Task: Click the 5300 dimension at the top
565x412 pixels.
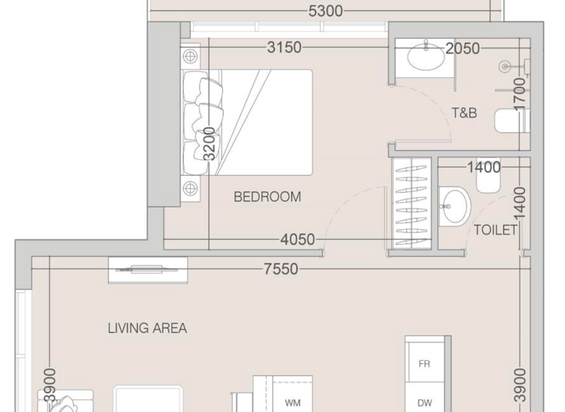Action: coord(322,11)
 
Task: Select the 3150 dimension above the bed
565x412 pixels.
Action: coord(284,48)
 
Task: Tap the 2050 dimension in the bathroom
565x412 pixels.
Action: coord(463,49)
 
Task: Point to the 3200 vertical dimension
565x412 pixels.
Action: coord(210,143)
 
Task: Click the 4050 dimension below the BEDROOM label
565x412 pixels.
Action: coord(297,240)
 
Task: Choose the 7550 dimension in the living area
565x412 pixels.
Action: coord(281,269)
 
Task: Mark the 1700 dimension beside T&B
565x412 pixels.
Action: coord(520,93)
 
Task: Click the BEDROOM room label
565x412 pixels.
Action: coord(267,196)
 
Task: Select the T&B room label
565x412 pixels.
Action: coord(463,113)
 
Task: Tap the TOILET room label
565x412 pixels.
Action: coord(495,230)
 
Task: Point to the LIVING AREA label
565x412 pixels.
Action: coord(147,328)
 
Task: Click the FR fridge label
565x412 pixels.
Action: coord(424,364)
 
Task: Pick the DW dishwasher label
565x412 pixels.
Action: coord(424,402)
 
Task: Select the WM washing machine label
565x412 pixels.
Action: coord(292,403)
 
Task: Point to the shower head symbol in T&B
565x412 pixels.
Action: coord(505,67)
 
